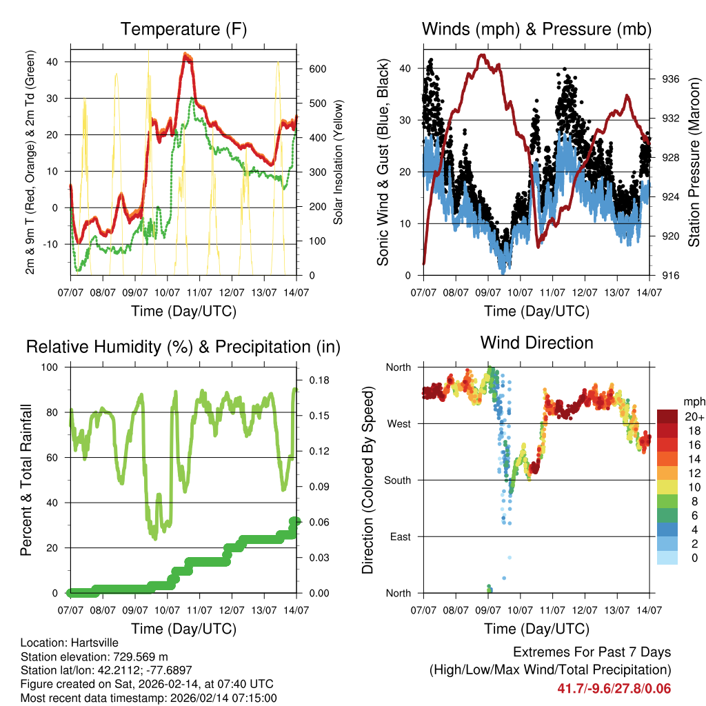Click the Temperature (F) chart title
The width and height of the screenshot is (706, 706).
(x=183, y=30)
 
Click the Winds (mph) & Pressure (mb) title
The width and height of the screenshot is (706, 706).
(x=536, y=30)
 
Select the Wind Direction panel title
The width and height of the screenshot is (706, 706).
(x=536, y=343)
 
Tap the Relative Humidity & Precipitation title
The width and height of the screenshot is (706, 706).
(x=183, y=347)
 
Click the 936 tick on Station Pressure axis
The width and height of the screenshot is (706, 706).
(x=671, y=79)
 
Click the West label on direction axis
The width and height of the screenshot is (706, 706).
(x=399, y=423)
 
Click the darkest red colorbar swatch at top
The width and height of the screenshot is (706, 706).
(x=667, y=416)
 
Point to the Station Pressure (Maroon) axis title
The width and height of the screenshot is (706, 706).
(x=694, y=162)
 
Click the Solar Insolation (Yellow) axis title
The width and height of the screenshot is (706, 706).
(x=339, y=162)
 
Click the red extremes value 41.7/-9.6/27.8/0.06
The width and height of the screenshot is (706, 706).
(x=614, y=689)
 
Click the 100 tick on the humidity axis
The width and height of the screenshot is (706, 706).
(x=52, y=367)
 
